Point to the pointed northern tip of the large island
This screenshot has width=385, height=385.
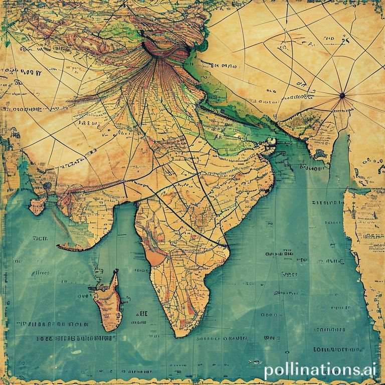tap(116, 271)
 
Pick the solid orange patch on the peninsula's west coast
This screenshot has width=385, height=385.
tap(155, 257)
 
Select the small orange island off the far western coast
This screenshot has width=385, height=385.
tap(37, 206)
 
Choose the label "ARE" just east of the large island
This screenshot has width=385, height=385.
tap(142, 313)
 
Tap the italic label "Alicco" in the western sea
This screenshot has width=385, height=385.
tap(40, 273)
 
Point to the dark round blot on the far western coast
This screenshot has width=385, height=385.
tap(47, 186)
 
